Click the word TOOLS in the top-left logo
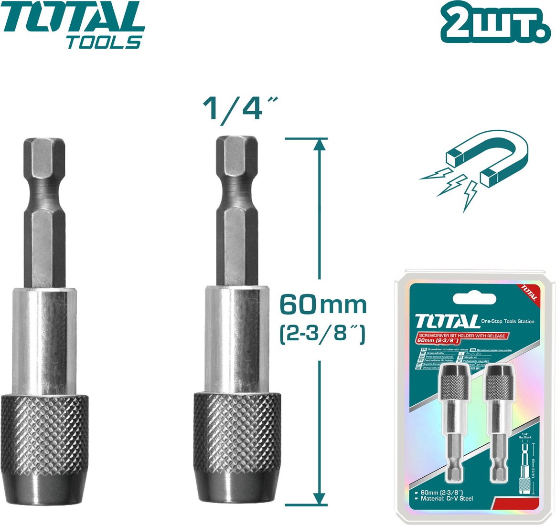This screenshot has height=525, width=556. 104,42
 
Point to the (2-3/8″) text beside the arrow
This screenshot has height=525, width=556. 322,332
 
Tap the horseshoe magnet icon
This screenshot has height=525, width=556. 482,165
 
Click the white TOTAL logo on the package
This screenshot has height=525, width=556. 447,321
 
